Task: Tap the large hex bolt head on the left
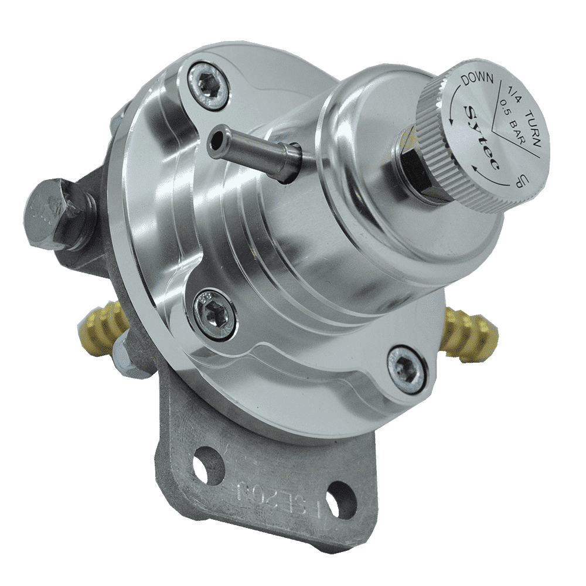point(50,211)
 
